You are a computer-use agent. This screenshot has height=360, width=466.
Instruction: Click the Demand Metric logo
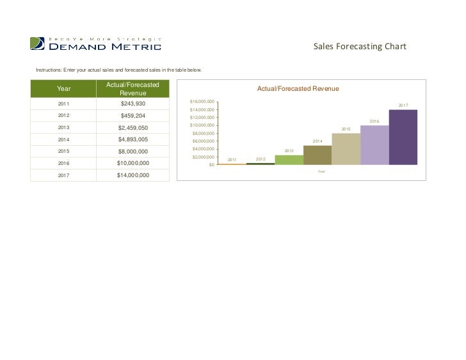pyautogui.click(x=95, y=43)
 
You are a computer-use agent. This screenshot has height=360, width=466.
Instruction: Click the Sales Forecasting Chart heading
pyautogui.click(x=360, y=47)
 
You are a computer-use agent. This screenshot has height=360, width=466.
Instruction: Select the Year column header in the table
pyautogui.click(x=64, y=89)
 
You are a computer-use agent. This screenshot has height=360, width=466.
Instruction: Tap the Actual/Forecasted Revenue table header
pyautogui.click(x=133, y=89)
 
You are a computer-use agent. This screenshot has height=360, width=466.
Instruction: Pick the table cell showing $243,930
pyautogui.click(x=133, y=104)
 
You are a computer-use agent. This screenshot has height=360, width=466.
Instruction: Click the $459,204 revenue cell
pyautogui.click(x=133, y=116)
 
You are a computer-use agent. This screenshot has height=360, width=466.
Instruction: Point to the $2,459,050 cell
pyautogui.click(x=133, y=128)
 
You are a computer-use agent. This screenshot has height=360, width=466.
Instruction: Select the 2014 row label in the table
pyautogui.click(x=64, y=139)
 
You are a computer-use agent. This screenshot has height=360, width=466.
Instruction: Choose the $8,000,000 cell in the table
pyautogui.click(x=133, y=152)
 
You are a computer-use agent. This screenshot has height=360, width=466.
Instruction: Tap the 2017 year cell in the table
pyautogui.click(x=64, y=175)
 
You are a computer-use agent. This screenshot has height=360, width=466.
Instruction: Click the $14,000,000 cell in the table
pyautogui.click(x=133, y=175)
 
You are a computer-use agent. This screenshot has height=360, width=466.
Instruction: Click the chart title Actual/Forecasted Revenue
pyautogui.click(x=298, y=89)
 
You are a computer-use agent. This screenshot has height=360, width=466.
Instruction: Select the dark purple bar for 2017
pyautogui.click(x=403, y=137)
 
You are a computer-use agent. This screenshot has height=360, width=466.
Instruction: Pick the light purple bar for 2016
pyautogui.click(x=374, y=145)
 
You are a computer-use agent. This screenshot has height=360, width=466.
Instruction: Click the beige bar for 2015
pyautogui.click(x=346, y=149)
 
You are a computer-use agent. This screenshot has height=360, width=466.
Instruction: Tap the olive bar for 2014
pyautogui.click(x=317, y=155)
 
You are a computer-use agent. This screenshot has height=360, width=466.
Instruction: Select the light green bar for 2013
pyautogui.click(x=289, y=160)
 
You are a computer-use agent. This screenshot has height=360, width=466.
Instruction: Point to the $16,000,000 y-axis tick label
pyautogui.click(x=202, y=102)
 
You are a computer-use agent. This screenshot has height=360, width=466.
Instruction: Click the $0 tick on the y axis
pyautogui.click(x=211, y=165)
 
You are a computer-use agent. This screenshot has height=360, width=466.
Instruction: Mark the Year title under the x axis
pyautogui.click(x=322, y=171)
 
